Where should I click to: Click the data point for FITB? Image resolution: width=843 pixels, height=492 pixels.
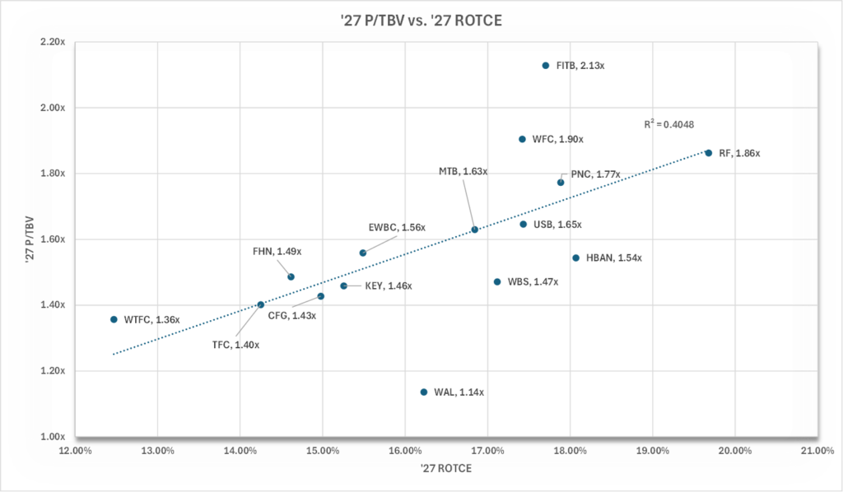click(545, 66)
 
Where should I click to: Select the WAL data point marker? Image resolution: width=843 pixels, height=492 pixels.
click(424, 392)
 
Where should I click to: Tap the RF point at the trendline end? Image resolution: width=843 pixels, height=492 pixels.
click(708, 153)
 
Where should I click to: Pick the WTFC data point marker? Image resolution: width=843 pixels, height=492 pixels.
click(114, 319)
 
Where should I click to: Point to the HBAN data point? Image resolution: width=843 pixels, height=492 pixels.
click(575, 258)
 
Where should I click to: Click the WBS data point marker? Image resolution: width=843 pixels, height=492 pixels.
click(496, 282)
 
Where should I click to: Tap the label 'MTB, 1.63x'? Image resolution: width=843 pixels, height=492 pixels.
click(463, 172)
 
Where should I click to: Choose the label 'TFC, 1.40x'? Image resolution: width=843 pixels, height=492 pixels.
click(235, 346)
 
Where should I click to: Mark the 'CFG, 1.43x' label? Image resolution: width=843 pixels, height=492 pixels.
click(291, 316)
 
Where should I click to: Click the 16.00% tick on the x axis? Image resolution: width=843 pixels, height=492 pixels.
click(404, 451)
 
